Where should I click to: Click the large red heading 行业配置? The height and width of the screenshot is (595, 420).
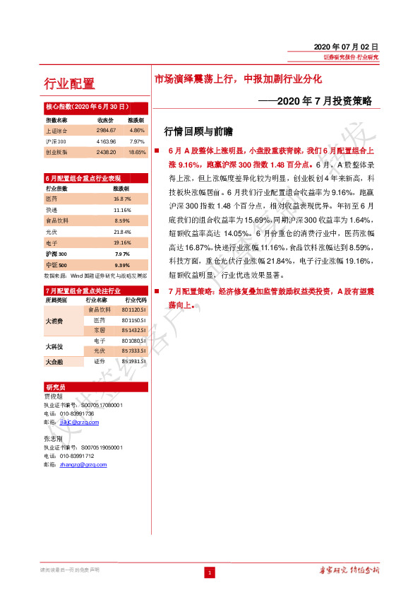[69, 84]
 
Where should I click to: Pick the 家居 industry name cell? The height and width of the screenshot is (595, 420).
[100, 330]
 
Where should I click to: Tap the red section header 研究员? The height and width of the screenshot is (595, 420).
[56, 388]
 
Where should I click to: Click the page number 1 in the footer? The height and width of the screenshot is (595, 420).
[209, 572]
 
